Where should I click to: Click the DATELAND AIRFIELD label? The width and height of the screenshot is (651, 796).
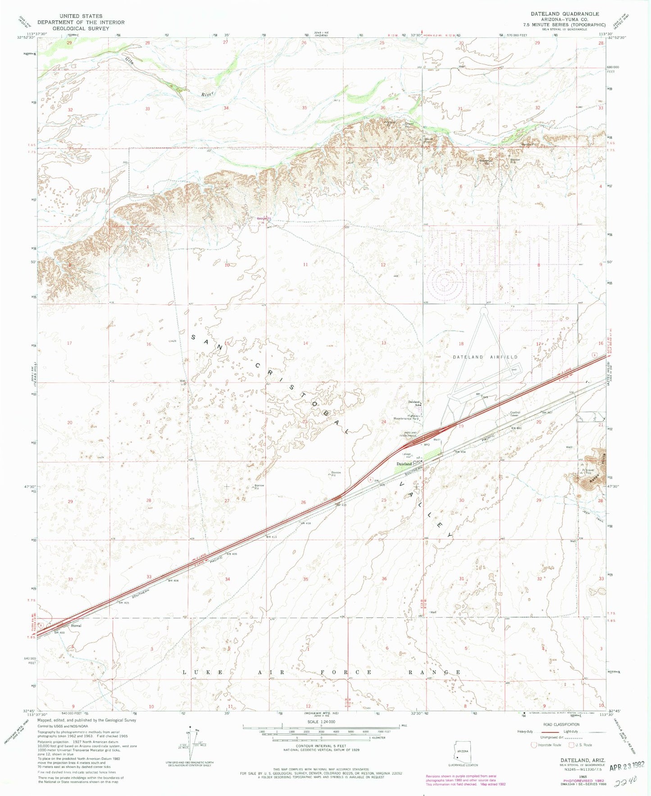pyautogui.click(x=485, y=357)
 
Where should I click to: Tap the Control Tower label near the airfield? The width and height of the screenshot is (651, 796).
pyautogui.click(x=514, y=414)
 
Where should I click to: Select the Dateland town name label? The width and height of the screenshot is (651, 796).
pyautogui.click(x=404, y=464)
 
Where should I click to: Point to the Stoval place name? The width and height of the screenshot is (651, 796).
pyautogui.click(x=76, y=626)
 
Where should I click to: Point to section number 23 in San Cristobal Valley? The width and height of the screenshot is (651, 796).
pyautogui.click(x=305, y=422)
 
